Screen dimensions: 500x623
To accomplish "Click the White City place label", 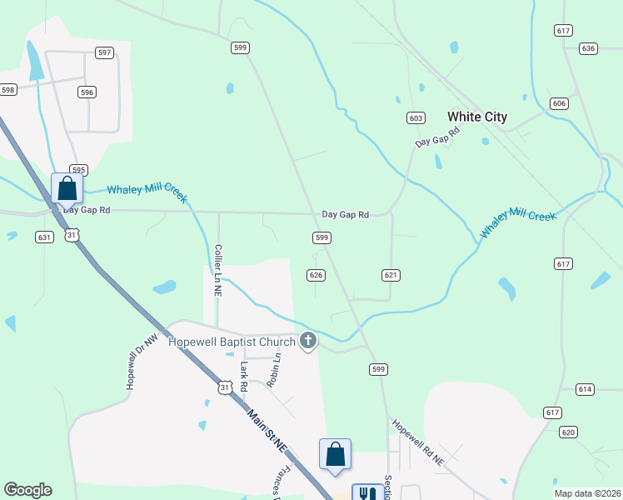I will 476,117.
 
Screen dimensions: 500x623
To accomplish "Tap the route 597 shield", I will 104,52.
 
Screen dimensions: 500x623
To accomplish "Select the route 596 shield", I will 87,92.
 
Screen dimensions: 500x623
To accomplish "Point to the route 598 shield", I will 8,89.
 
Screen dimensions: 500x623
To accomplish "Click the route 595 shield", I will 78,169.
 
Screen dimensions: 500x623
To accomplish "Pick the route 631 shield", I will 45,237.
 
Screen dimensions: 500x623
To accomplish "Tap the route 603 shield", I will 416,118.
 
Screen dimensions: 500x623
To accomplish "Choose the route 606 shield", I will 559,103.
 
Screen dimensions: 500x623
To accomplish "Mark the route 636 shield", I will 589,48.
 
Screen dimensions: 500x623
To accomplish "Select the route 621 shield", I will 391,275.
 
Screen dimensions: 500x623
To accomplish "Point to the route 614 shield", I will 584,389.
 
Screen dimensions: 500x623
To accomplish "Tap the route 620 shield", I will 568,432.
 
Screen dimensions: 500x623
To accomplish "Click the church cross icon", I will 308,341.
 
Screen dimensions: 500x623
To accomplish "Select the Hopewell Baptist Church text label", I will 232,342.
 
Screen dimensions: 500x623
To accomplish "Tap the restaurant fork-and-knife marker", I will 367,493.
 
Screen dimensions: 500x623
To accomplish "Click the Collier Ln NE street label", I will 218,271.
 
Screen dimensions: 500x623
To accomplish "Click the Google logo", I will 27,490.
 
